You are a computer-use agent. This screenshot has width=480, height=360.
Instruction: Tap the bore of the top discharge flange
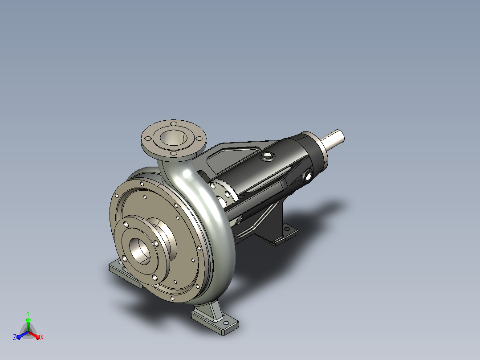[173, 137]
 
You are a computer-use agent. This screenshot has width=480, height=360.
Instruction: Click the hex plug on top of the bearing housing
[267, 156]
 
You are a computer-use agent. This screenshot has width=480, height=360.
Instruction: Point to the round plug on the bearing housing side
[307, 176]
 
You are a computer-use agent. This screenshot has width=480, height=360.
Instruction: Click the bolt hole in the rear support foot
[287, 229]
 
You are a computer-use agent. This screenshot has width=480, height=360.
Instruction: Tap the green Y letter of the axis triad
[28, 313]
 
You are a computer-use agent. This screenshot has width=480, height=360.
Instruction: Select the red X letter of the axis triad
[42, 337]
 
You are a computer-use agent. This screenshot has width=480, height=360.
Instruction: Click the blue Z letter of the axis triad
[15, 337]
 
